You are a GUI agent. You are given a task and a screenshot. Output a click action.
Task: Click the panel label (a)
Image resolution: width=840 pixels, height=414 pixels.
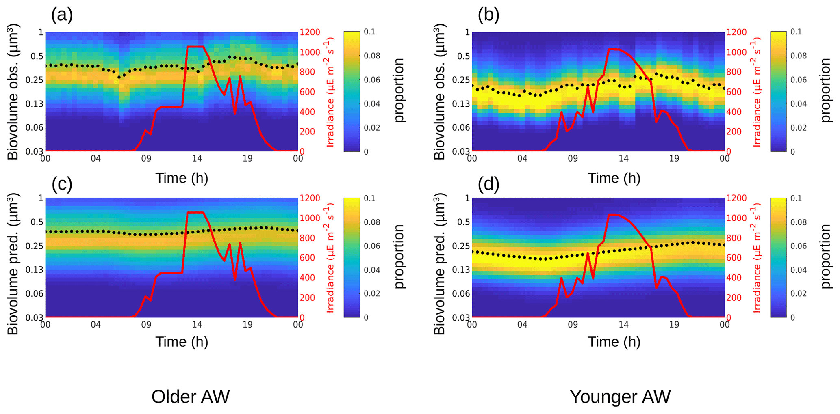tap(62, 15)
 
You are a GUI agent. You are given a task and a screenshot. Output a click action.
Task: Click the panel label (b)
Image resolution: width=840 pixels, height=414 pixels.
tap(488, 15)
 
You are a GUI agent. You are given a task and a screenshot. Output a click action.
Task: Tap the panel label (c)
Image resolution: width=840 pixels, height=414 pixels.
tap(62, 184)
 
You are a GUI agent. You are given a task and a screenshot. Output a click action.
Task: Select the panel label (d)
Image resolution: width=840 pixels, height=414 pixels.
tap(488, 184)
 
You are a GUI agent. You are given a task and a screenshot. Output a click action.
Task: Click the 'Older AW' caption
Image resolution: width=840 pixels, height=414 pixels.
tap(190, 397)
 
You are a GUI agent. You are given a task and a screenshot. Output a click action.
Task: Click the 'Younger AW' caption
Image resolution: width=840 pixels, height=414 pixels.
tap(620, 397)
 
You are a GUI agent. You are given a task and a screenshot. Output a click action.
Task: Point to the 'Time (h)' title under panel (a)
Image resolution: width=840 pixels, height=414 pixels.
tap(182, 178)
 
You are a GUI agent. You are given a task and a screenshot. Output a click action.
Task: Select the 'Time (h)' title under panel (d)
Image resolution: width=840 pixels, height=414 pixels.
tap(614, 342)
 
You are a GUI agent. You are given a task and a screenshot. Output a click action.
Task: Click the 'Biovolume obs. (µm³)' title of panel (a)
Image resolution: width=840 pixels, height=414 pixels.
tap(13, 92)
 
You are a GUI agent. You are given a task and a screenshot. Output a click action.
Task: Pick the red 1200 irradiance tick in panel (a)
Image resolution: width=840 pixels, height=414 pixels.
tap(310, 32)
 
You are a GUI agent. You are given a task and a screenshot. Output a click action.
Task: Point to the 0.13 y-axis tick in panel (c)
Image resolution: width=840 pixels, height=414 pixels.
tap(35, 270)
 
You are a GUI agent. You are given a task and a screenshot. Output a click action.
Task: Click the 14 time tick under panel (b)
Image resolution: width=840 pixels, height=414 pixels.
tap(623, 158)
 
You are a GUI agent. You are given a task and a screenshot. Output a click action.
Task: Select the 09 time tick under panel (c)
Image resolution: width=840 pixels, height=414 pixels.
tap(146, 325)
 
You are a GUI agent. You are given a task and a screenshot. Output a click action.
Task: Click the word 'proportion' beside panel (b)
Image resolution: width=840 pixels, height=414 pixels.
tap(826, 90)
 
